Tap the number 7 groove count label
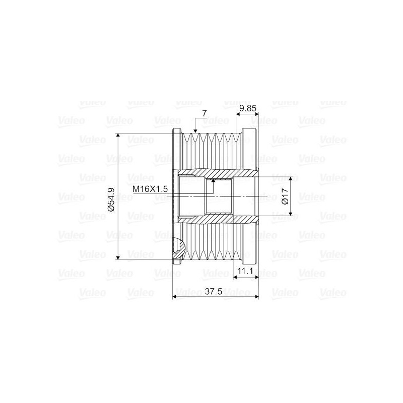point(204,114)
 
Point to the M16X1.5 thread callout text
point(150,189)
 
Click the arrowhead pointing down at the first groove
point(194,132)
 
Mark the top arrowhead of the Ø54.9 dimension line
point(118,136)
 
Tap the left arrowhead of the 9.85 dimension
point(238,114)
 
